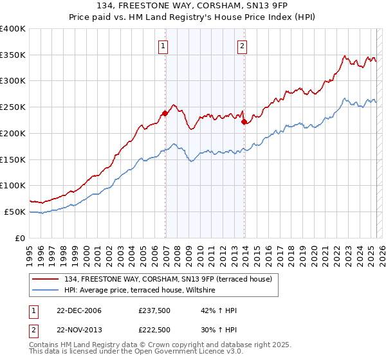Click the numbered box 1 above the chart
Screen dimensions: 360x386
tap(163, 46)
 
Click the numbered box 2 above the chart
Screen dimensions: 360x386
tap(242, 46)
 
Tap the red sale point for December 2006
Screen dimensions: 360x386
tap(165, 113)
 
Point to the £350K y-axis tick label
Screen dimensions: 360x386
tap(13, 55)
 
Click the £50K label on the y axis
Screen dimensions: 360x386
tap(15, 212)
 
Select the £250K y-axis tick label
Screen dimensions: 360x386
tap(13, 107)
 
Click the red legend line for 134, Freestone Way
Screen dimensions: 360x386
tap(46, 279)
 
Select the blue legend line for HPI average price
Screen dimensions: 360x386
tap(46, 291)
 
